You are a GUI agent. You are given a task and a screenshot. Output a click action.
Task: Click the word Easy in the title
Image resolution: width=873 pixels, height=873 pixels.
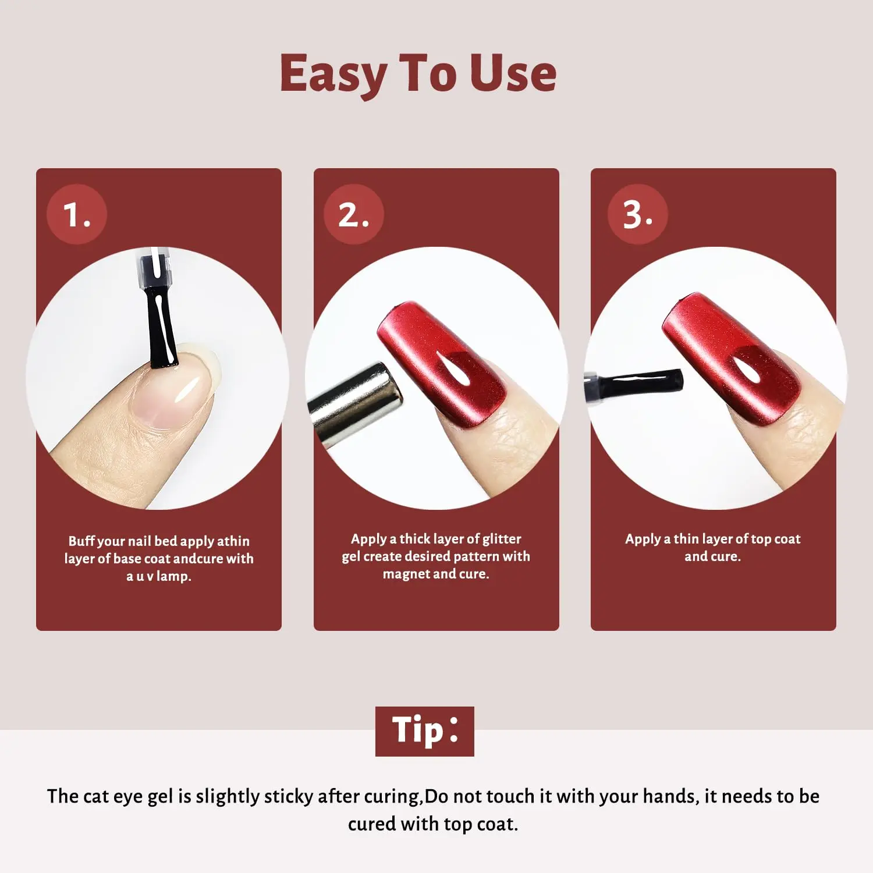click(x=333, y=74)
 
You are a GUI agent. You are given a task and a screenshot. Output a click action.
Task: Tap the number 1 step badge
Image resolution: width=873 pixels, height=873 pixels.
click(x=77, y=214)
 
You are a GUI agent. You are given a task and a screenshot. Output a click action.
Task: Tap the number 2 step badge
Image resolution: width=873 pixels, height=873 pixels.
click(x=354, y=214)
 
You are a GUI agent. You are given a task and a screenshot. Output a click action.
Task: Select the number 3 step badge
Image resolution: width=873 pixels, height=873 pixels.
click(x=638, y=214)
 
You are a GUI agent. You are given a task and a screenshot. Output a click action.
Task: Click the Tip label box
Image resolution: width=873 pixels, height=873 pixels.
click(x=425, y=731)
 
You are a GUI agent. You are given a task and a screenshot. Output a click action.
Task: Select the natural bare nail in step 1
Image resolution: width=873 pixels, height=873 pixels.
click(x=175, y=387)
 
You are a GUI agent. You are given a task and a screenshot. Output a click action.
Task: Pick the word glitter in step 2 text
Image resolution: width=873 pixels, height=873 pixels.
click(x=502, y=540)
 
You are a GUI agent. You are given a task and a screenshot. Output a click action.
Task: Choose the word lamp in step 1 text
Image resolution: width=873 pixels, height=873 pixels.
click(x=173, y=577)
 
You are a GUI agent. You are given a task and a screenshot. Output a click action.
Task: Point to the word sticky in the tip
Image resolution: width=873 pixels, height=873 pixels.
click(x=289, y=797)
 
